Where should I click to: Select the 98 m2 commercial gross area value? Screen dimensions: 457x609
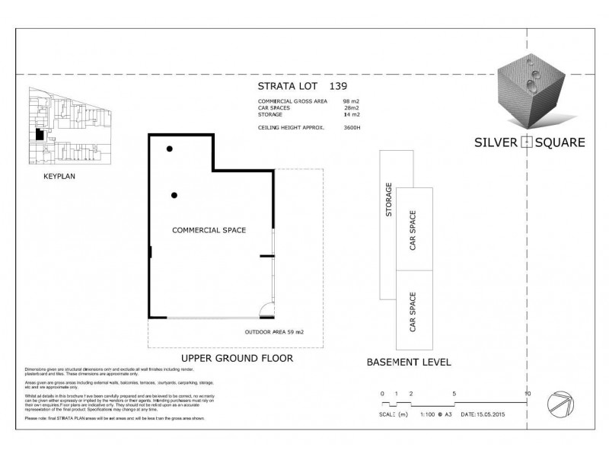[x=351, y=101]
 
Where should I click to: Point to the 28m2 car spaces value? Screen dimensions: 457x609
[x=351, y=108]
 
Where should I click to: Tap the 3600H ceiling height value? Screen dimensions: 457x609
[x=352, y=127]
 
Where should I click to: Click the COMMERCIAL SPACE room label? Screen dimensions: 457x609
[x=209, y=229]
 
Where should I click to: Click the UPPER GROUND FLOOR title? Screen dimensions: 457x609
[x=225, y=358]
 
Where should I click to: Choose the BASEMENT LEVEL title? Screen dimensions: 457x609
[x=409, y=363]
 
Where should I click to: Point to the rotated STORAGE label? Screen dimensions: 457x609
[x=389, y=200]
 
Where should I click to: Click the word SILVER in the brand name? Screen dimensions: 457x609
[x=494, y=142]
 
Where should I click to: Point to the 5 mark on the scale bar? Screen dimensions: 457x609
[x=454, y=394]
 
